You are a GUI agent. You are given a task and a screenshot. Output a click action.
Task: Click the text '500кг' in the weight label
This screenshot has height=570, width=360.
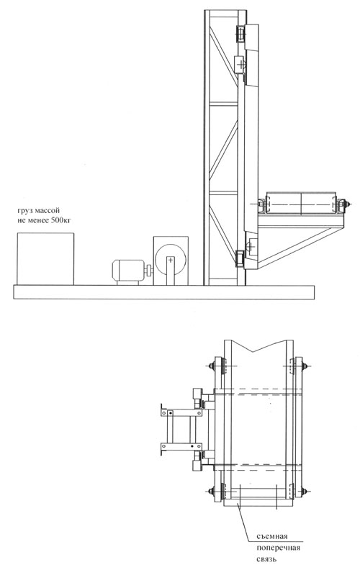click(61, 220)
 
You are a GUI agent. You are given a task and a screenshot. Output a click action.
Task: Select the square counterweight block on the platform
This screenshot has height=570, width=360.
click(45, 259)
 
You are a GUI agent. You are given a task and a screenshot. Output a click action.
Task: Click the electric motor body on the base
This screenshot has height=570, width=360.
click(128, 270)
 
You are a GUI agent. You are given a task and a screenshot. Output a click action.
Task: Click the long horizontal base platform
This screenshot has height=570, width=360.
click(163, 292)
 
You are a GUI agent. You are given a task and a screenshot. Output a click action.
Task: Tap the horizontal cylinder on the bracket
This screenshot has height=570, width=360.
click(302, 204)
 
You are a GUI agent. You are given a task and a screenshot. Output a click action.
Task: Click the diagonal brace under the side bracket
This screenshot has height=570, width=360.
click(300, 248)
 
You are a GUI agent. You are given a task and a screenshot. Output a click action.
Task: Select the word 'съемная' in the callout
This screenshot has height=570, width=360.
click(272, 537)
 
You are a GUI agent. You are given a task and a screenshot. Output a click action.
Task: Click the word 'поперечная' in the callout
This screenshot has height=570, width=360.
click(278, 548)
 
